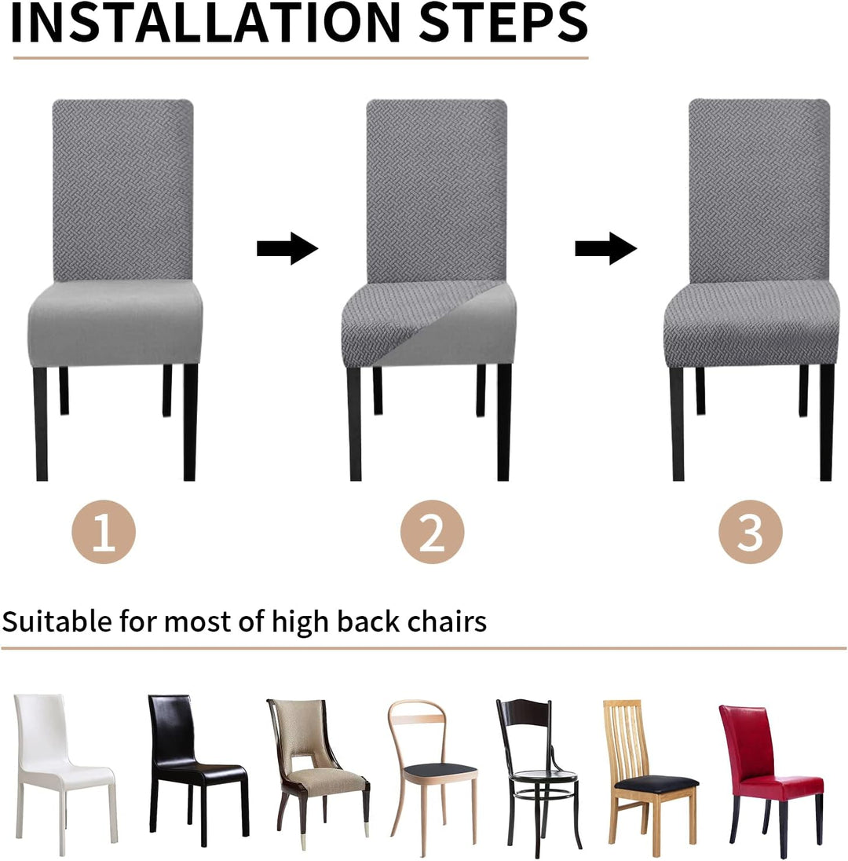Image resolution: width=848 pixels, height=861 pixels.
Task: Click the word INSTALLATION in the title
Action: (x=205, y=23)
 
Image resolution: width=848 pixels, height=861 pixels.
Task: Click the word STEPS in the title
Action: (x=503, y=23)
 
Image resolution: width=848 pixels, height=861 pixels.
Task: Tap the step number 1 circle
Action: (x=103, y=532)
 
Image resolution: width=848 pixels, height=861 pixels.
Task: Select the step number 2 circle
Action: (x=432, y=532)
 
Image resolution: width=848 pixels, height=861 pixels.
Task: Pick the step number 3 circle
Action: (x=751, y=532)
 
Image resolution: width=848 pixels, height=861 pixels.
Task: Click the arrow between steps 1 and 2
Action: (x=287, y=248)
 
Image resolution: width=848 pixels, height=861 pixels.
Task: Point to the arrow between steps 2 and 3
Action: (x=605, y=248)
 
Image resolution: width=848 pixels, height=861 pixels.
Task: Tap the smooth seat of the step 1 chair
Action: (x=115, y=322)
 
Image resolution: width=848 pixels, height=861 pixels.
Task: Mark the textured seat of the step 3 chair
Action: (x=751, y=324)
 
